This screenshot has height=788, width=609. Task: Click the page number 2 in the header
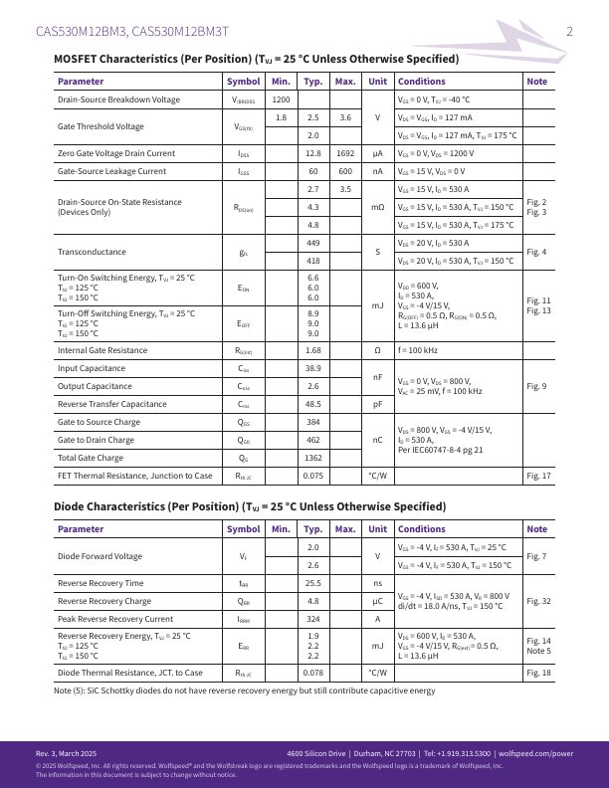coord(569,31)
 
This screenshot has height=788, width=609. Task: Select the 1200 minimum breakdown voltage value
coord(281,99)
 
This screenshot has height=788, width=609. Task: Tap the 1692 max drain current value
coord(345,153)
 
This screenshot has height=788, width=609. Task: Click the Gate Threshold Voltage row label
coord(101,126)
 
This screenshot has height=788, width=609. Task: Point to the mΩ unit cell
coord(377,207)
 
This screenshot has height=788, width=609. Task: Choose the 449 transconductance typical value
coord(312,243)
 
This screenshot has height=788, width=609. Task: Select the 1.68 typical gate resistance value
coord(312,350)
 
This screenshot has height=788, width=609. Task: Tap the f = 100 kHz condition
coord(419,350)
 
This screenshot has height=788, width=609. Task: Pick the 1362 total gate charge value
coord(312,458)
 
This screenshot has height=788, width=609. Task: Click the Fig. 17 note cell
coord(538,476)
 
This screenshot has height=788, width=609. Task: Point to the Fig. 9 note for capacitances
coord(536,386)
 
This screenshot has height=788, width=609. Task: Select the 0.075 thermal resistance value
coord(312,476)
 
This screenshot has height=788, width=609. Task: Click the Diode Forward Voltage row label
coord(100,556)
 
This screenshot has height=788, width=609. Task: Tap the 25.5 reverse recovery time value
coord(312,583)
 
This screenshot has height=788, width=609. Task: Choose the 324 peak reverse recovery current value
coord(312,619)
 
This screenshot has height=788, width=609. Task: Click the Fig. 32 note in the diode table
coord(538,601)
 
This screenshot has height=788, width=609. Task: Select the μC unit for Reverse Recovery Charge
coord(377,601)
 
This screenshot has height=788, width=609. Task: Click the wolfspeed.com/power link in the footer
coord(535,753)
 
